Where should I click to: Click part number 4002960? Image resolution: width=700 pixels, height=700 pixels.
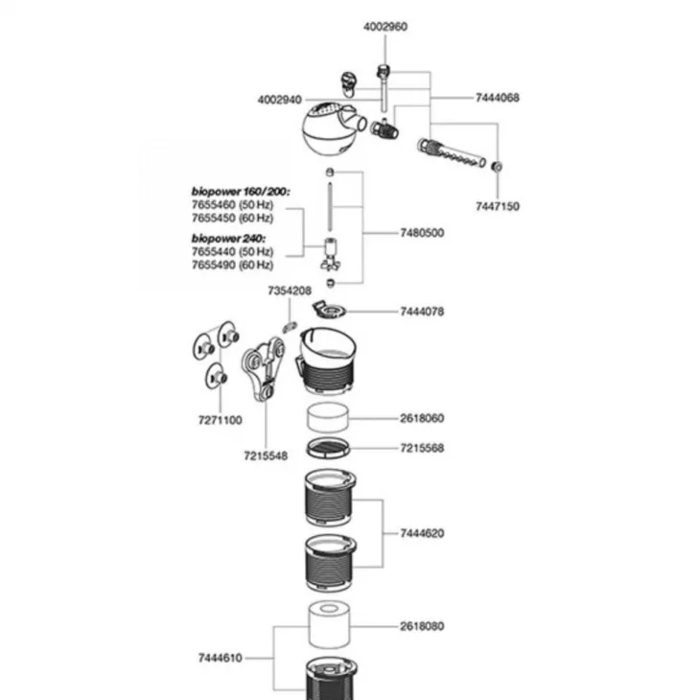click(385, 27)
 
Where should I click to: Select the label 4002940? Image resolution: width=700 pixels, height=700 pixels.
click(279, 99)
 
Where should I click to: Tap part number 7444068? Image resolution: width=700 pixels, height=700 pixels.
click(498, 99)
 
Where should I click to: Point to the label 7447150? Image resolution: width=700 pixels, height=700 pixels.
click(498, 206)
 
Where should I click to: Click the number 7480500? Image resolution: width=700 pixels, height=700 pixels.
click(422, 233)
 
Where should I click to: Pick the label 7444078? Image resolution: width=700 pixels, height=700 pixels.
click(422, 312)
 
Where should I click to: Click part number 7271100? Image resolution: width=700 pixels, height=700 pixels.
click(220, 420)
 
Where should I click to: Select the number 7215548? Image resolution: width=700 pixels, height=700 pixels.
click(266, 455)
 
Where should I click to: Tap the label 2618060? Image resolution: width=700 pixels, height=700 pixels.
click(422, 419)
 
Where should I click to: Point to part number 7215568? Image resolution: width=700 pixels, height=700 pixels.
click(422, 448)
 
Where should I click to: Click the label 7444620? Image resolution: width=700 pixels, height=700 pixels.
click(422, 532)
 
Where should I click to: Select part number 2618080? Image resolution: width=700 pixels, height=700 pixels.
click(422, 626)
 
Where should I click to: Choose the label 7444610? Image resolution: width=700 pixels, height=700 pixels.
click(220, 658)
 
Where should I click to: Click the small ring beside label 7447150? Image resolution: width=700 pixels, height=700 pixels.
click(498, 166)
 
